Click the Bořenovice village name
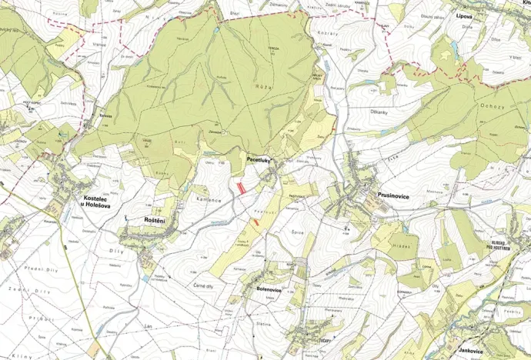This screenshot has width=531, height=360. tap(270, 289)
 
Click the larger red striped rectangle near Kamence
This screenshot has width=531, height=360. tap(242, 186)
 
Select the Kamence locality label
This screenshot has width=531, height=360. tap(208, 200)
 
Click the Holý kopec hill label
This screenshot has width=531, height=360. tap(28, 99)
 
